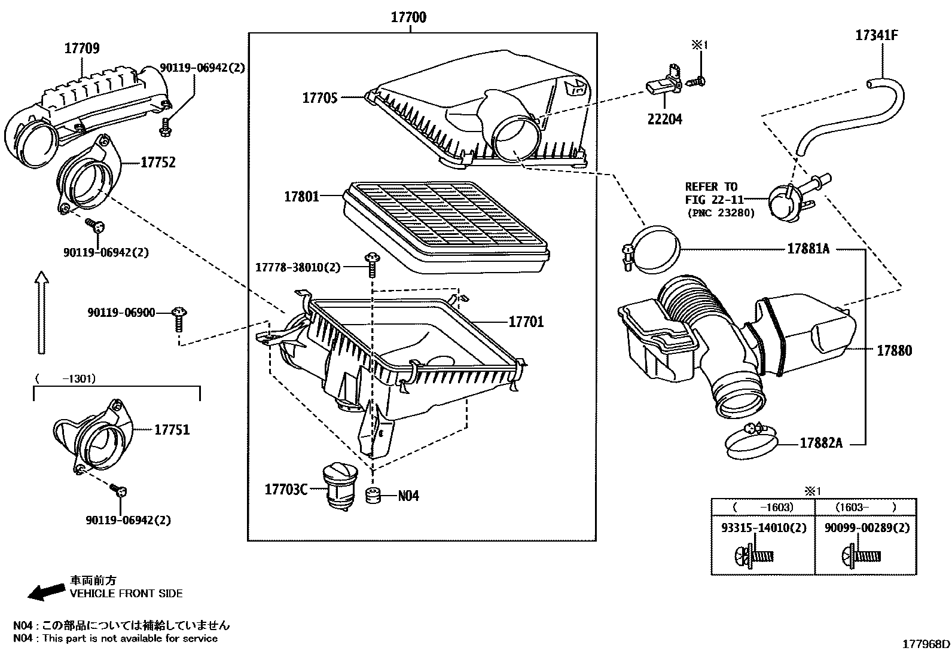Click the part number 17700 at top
click(408, 17)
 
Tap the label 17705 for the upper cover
click(320, 97)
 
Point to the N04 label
click(408, 496)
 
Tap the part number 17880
click(895, 351)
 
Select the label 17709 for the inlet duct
click(82, 48)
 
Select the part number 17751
click(172, 429)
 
